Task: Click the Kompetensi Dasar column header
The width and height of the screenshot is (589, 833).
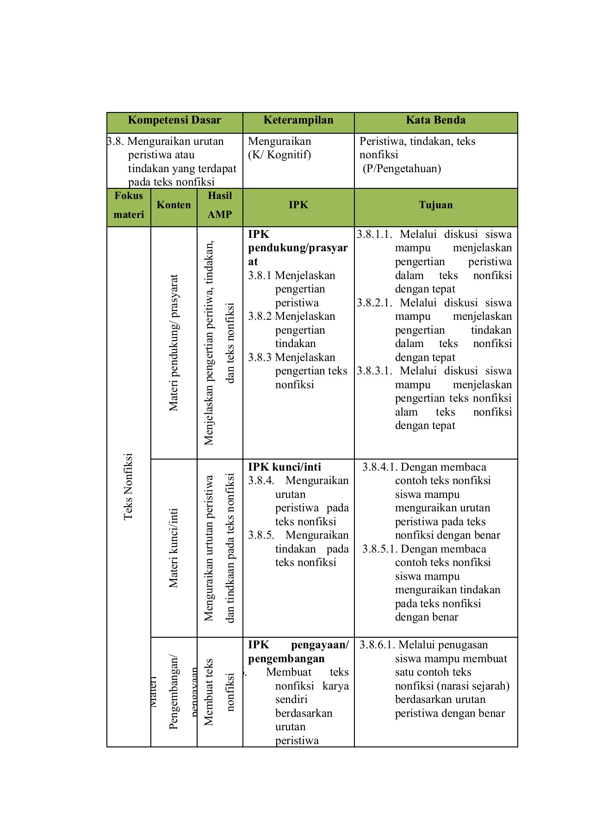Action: click(x=174, y=120)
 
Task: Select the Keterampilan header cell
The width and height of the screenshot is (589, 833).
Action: click(x=298, y=120)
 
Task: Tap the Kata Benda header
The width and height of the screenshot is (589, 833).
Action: click(x=435, y=120)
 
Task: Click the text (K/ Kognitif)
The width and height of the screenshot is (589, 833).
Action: click(x=279, y=155)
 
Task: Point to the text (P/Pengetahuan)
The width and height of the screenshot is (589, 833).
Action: click(x=402, y=168)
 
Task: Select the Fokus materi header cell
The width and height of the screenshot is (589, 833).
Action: click(x=129, y=205)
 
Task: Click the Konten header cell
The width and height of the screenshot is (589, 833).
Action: click(x=174, y=205)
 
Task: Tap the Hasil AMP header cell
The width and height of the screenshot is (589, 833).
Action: click(x=220, y=205)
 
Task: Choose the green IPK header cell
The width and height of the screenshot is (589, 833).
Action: click(x=298, y=205)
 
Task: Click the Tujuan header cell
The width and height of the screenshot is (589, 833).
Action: click(x=435, y=205)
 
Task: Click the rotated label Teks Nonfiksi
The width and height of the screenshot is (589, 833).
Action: click(x=128, y=486)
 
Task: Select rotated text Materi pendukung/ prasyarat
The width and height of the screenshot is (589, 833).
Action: click(x=174, y=343)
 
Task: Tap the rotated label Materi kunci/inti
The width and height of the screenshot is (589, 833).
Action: click(x=174, y=548)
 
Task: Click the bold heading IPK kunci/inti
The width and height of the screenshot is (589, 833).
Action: click(x=284, y=467)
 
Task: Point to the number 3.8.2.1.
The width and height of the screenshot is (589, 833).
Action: click(x=374, y=303)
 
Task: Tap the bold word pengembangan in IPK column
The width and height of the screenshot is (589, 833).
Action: click(x=286, y=659)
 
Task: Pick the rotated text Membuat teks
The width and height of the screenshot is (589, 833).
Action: click(x=209, y=692)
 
